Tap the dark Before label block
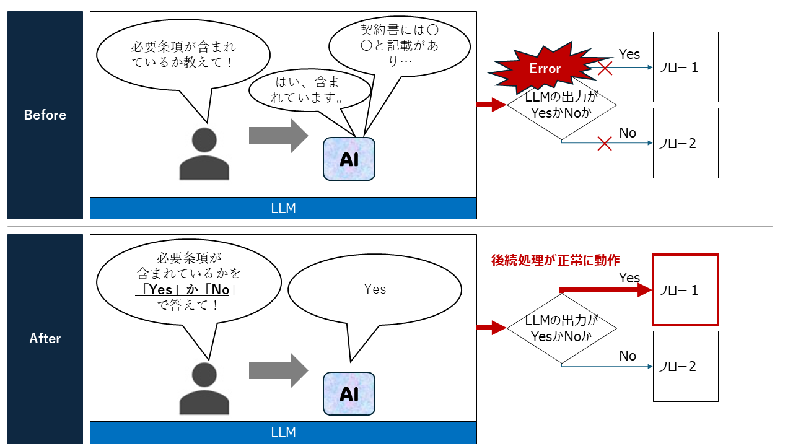coord(45,115)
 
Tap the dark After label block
coord(45,338)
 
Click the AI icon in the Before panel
coord(349,159)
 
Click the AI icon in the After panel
coord(349,394)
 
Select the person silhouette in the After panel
coord(204,388)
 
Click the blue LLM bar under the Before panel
coord(283,209)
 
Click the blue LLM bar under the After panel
coord(283,432)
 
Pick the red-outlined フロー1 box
coord(685,290)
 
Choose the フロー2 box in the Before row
coord(685,143)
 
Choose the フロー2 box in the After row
coord(685,366)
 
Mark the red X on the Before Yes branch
coord(605,68)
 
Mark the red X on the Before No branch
coord(605,144)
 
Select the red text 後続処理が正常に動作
coord(555,260)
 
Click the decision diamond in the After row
coord(561,328)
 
